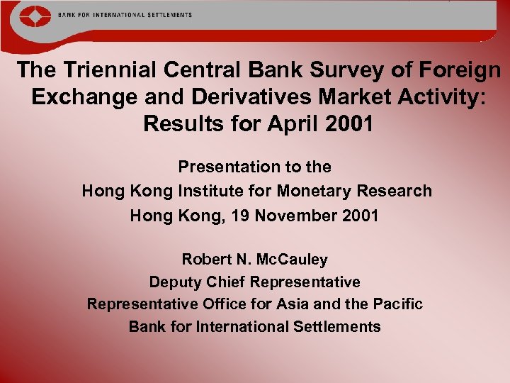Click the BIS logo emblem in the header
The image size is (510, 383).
(x=30, y=16)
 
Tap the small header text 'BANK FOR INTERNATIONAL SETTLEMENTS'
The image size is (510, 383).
(x=125, y=14)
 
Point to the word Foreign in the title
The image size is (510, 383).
(x=460, y=70)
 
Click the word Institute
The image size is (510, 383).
(x=215, y=191)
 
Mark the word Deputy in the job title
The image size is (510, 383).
(x=174, y=282)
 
